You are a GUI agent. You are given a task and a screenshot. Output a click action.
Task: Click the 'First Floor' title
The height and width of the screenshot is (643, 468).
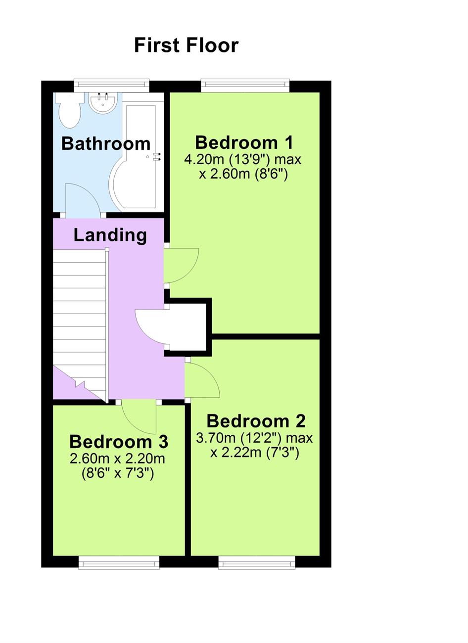[x=186, y=45]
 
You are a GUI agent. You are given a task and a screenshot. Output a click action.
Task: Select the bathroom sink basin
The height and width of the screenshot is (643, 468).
[x=103, y=102]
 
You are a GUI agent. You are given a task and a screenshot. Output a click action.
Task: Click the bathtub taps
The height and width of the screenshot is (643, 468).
[x=157, y=157]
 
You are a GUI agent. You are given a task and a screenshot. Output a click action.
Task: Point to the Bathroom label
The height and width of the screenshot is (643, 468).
[x=106, y=143]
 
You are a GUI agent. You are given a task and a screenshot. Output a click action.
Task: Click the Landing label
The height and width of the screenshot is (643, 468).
[x=110, y=235]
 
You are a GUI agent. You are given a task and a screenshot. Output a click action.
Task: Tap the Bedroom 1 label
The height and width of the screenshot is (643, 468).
[x=244, y=142]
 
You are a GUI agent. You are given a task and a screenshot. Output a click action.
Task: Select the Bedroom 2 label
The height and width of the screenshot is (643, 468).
[x=256, y=421]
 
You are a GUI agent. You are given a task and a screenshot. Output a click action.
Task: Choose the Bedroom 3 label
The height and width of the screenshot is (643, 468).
[x=119, y=441]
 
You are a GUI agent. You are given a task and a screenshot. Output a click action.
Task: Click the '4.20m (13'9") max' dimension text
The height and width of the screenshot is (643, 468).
[x=242, y=160]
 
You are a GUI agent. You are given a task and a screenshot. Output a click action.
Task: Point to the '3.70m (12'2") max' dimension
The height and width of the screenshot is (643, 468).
[x=254, y=438]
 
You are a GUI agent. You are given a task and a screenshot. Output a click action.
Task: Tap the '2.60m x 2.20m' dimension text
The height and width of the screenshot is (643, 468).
[x=118, y=459]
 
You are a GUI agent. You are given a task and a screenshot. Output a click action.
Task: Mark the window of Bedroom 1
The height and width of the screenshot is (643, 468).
[x=245, y=86]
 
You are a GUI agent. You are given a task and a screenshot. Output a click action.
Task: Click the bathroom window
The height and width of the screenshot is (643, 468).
[x=111, y=86]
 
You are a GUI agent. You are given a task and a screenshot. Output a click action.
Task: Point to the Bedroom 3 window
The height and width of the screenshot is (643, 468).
[x=119, y=562]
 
